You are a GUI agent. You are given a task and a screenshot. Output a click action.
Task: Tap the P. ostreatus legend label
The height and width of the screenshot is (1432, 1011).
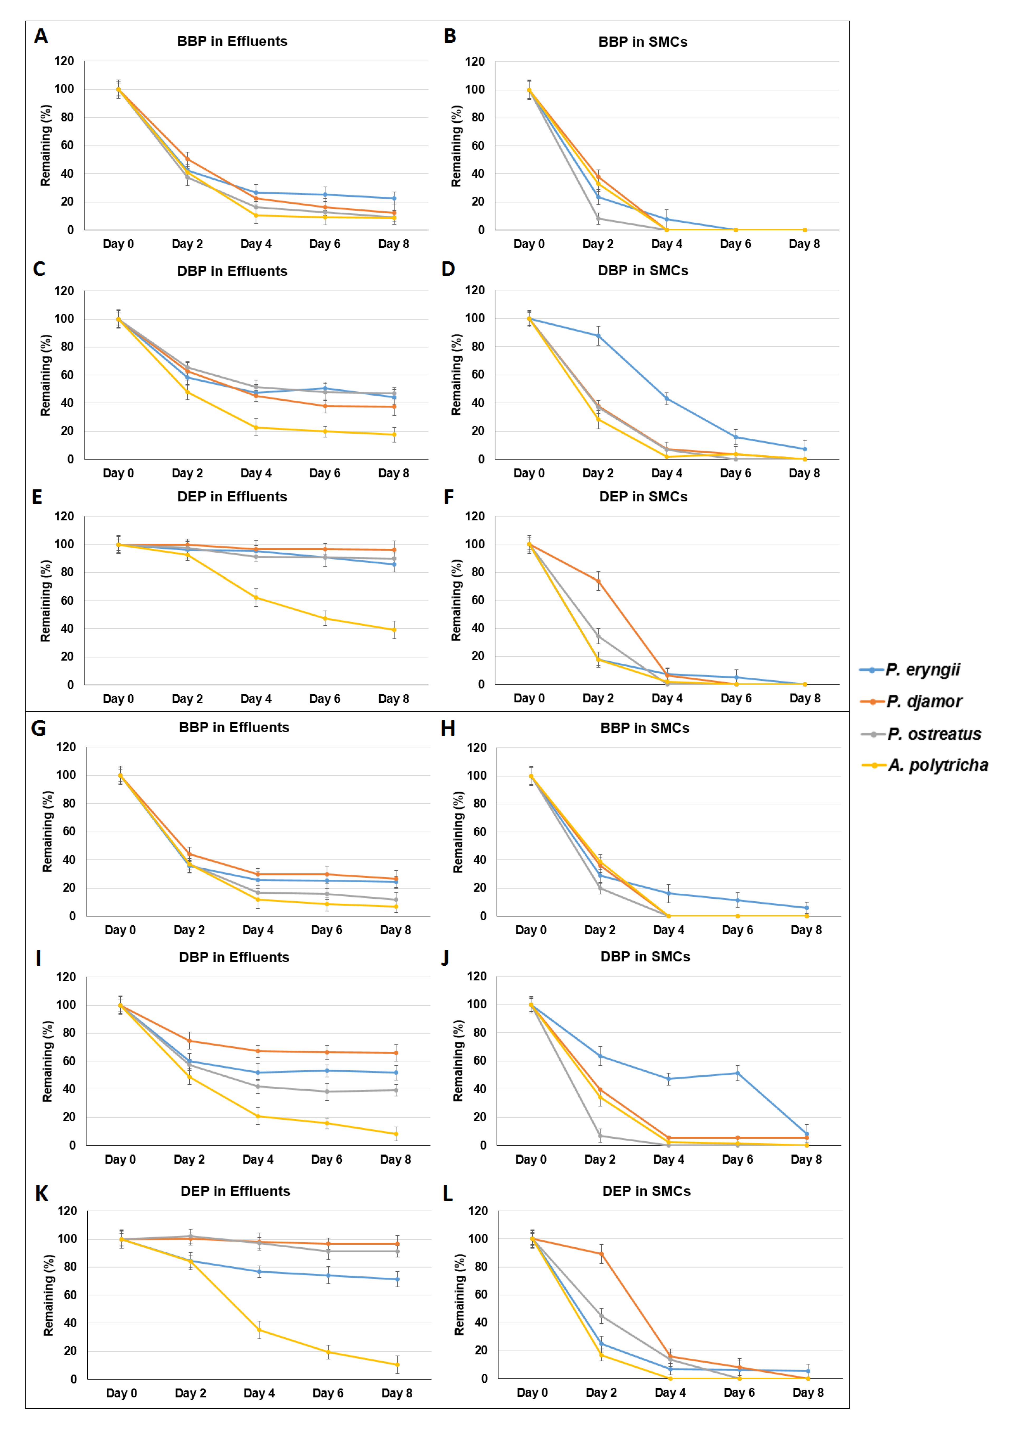[921, 734]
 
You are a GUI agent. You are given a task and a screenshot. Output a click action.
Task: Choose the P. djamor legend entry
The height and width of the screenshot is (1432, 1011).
[911, 702]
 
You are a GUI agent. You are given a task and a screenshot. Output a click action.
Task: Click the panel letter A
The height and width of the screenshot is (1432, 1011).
[41, 36]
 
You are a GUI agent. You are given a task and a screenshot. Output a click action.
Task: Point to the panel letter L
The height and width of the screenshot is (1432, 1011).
[448, 1193]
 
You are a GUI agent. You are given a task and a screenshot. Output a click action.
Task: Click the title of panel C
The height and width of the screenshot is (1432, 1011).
[232, 271]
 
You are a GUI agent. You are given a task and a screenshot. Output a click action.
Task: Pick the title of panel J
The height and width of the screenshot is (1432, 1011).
[645, 957]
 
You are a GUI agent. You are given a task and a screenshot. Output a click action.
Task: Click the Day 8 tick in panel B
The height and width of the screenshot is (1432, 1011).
[804, 244]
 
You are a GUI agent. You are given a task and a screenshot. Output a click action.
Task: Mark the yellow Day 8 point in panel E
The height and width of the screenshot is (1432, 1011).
[394, 630]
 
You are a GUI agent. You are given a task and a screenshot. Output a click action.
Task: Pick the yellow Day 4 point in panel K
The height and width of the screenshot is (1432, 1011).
[259, 1330]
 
